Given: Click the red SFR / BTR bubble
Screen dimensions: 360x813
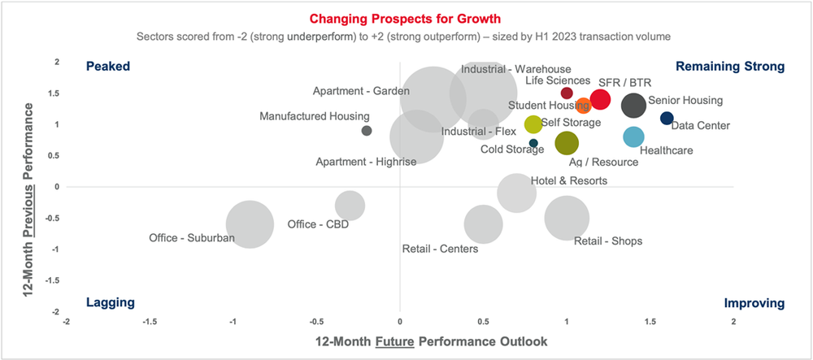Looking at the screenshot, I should [x=600, y=99].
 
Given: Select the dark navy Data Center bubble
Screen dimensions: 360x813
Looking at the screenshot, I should [x=667, y=119].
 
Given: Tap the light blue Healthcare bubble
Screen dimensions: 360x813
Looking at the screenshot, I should [x=633, y=137].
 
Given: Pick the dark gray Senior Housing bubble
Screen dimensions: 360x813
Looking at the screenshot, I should [x=634, y=105].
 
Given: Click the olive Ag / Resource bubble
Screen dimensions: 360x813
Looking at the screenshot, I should [x=567, y=144].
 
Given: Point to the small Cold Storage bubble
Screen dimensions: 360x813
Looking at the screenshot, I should [x=533, y=143].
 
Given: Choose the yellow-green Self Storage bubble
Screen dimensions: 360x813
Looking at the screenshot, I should [x=533, y=124].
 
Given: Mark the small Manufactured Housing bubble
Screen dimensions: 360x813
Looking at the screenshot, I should [x=367, y=130].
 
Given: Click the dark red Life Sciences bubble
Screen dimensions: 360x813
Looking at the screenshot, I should [x=567, y=93].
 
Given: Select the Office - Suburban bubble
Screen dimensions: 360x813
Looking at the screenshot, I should [x=250, y=224].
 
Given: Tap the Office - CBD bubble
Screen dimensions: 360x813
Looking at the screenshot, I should [x=350, y=206].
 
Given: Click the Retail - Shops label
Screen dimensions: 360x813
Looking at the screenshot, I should [x=608, y=241].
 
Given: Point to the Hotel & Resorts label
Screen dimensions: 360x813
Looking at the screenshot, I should [x=568, y=180].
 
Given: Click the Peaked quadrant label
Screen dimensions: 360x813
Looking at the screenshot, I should [x=108, y=67].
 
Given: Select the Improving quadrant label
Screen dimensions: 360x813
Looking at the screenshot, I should [x=754, y=303].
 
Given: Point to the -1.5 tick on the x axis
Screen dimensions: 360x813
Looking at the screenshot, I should [x=150, y=322].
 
